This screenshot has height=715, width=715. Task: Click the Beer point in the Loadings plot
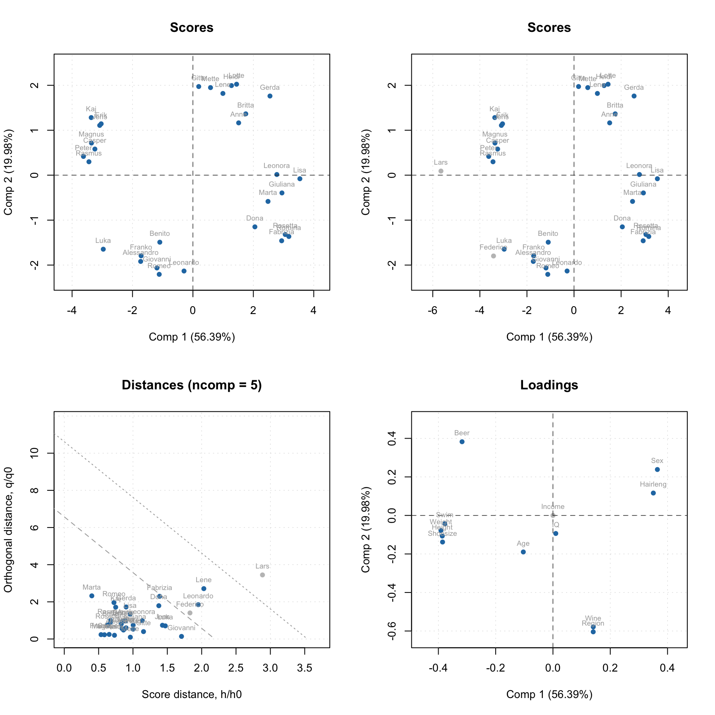462,441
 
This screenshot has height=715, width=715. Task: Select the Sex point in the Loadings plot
657,469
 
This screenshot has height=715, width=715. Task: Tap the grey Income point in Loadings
553,515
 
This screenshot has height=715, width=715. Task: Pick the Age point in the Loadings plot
523,552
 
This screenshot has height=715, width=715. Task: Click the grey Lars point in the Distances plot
262,575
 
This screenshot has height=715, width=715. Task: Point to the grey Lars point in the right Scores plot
441,171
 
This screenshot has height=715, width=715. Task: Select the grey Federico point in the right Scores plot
493,256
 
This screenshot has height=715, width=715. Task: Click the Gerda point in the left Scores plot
270,96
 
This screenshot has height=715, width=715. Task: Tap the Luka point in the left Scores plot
103,249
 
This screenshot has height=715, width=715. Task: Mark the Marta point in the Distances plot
91,596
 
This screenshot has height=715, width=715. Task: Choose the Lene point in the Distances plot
204,588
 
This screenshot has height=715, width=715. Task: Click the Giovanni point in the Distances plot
181,636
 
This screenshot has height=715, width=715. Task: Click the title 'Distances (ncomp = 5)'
192,385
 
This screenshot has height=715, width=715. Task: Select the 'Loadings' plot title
549,385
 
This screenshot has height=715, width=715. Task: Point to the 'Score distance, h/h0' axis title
192,694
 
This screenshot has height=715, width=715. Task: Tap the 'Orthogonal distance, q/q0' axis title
8,530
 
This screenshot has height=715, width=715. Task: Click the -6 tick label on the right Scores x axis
432,310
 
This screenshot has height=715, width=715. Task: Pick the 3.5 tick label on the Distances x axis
305,668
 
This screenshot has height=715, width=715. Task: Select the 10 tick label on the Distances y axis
35,453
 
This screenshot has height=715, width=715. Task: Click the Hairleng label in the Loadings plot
653,485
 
